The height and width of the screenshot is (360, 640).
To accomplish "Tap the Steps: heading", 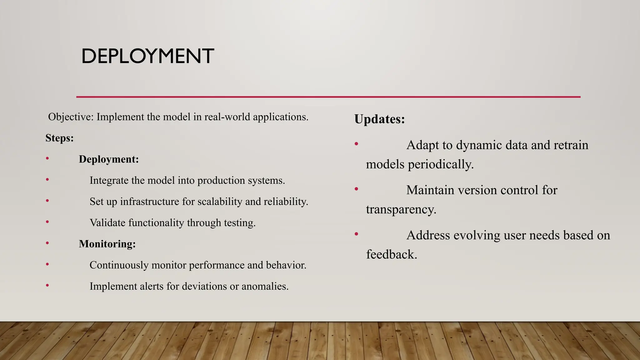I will pos(59,138).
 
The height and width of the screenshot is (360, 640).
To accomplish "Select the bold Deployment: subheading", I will pos(109,159).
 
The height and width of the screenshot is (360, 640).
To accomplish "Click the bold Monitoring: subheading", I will pos(107,244).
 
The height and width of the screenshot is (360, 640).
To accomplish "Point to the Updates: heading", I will pos(379,119).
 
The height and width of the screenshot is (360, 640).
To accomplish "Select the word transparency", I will pos(401,209).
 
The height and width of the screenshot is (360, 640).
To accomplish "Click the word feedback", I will pos(392,254).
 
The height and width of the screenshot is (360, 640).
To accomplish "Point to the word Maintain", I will pos(430,190).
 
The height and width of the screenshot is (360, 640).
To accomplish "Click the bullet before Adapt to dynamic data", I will pos(356,144).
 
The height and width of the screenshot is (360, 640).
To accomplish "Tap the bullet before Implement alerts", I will pos(47,285).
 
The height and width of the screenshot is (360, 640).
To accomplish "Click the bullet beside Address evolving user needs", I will pos(356,234).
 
